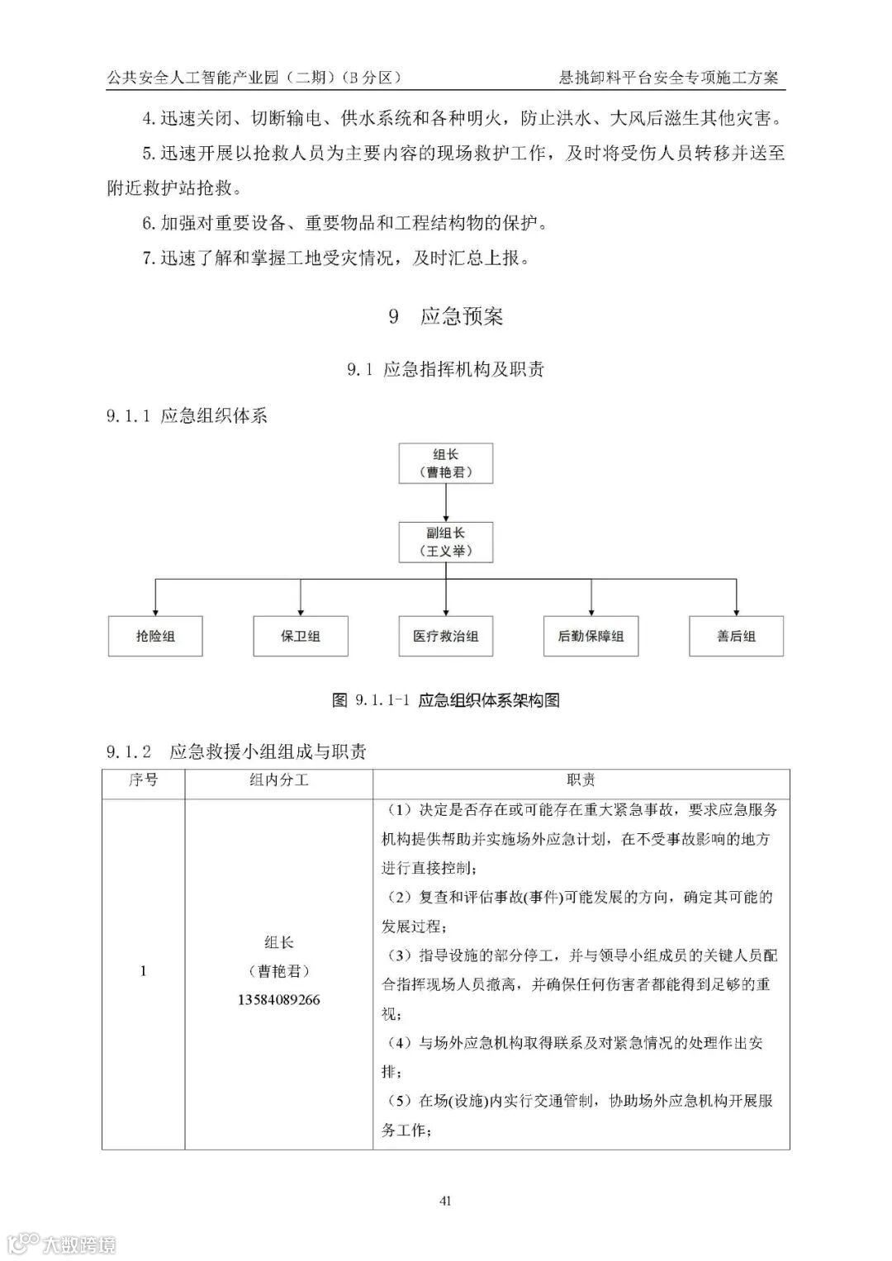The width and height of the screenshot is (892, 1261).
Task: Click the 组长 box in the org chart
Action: (x=446, y=463)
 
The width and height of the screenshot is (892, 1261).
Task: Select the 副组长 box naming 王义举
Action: (x=446, y=542)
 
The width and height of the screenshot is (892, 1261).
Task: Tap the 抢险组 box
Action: (x=155, y=636)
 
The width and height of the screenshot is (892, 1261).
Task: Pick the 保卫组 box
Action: (x=301, y=636)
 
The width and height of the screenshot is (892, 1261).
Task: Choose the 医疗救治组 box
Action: (x=446, y=636)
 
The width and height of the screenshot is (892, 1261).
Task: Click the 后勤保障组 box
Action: (x=591, y=636)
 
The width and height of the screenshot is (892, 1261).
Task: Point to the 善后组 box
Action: (x=736, y=636)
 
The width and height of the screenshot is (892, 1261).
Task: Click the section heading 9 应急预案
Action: (x=446, y=316)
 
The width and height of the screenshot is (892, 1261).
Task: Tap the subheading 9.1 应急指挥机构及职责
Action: (x=446, y=369)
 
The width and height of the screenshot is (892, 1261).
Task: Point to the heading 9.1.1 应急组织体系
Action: (x=187, y=415)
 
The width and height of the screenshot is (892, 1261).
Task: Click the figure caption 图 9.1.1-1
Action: (x=446, y=700)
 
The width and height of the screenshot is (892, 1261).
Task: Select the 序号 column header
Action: (x=143, y=780)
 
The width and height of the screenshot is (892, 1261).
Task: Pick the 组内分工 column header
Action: (x=279, y=780)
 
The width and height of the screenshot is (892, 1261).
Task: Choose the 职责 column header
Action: (x=581, y=780)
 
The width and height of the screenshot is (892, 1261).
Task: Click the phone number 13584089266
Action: (x=279, y=1000)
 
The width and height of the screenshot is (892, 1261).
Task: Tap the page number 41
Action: (x=446, y=1200)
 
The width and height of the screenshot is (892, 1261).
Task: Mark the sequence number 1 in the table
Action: (x=143, y=971)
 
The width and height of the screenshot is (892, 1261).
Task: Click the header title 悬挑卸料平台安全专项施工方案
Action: (x=668, y=78)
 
